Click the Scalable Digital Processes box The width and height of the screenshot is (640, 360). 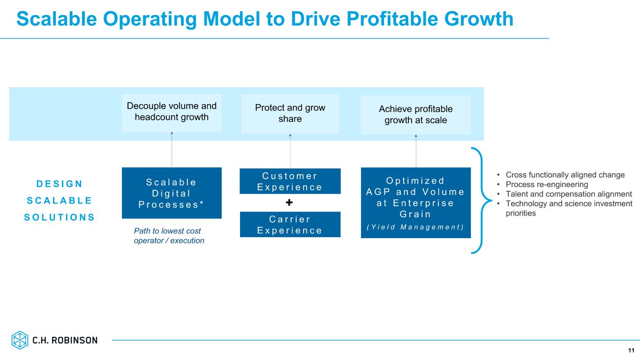(x=172, y=193)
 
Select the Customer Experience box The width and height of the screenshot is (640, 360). (x=290, y=181)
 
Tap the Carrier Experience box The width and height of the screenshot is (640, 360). (x=290, y=225)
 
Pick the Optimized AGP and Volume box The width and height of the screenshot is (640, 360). (x=415, y=202)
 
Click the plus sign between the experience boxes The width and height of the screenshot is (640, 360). (x=289, y=203)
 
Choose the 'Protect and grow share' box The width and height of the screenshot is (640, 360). (x=290, y=113)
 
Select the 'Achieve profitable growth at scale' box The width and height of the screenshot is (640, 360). (x=415, y=114)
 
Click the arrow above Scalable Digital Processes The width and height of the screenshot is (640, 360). (x=172, y=150)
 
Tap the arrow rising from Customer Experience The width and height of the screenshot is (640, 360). (x=290, y=151)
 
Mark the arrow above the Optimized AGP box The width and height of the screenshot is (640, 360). (x=416, y=151)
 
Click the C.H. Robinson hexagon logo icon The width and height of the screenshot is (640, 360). (x=20, y=340)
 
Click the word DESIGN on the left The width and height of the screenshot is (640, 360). (x=59, y=183)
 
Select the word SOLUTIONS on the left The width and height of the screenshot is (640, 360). (x=59, y=217)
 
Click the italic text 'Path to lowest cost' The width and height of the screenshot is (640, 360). (x=167, y=231)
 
